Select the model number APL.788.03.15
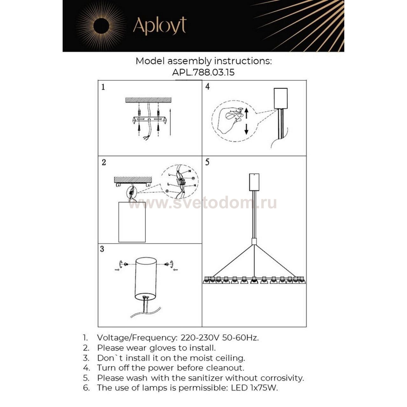coord(203,72)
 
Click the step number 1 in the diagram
coord(103,87)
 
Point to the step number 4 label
coord(207,86)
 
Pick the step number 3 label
coord(102,249)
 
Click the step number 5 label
coord(207,162)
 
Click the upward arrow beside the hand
coord(246,113)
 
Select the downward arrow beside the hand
coord(246,129)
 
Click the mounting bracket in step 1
coord(149,120)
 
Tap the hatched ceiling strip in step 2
coord(133,180)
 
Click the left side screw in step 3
coord(126,264)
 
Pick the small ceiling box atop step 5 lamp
coord(254,182)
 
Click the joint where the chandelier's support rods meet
coord(254,241)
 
